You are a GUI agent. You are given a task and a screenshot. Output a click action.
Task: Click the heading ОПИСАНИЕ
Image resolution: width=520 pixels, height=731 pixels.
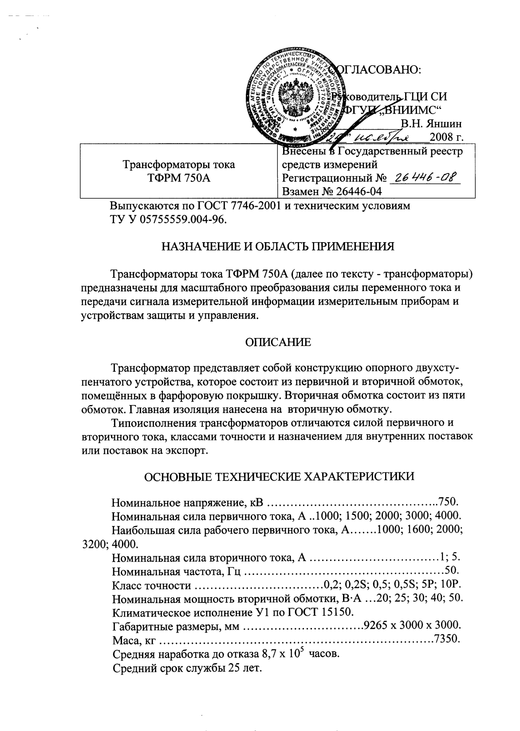(x=279, y=342)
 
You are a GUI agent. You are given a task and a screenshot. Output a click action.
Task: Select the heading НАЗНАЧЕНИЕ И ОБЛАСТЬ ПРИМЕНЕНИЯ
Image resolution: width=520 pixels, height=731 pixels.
(x=278, y=247)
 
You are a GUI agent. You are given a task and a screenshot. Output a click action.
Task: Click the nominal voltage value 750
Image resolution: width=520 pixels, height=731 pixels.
(x=448, y=503)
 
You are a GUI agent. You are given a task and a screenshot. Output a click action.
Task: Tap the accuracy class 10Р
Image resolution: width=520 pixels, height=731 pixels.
(x=453, y=585)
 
